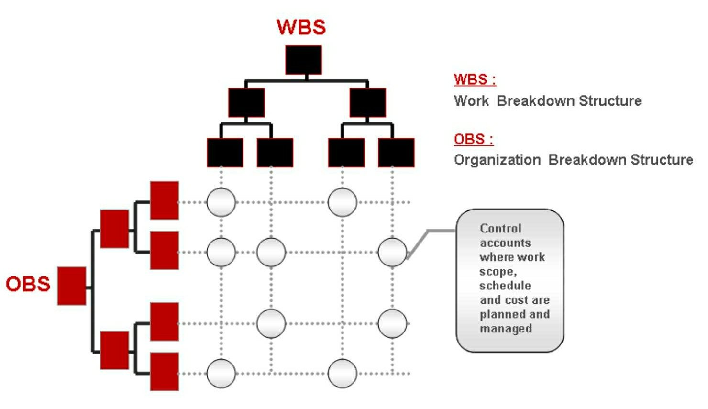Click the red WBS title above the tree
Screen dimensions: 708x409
[x=301, y=27]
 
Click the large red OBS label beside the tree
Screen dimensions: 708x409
[x=28, y=284]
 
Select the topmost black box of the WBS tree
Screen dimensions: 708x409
[x=303, y=60]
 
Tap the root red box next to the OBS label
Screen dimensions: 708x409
[x=72, y=286]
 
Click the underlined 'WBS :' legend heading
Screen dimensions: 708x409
[x=475, y=79]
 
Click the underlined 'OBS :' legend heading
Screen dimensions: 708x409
[x=474, y=139]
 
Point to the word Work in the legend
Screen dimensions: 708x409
[x=471, y=101]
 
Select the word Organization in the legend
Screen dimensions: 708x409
[x=497, y=160]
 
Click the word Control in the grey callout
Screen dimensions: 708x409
[x=500, y=228]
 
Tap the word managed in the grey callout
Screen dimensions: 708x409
[x=506, y=329]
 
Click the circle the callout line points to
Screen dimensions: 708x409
[x=392, y=252]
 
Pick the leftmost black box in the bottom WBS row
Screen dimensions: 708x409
[x=225, y=152]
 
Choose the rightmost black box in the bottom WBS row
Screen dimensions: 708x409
[x=397, y=152]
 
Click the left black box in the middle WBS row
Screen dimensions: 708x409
[x=246, y=103]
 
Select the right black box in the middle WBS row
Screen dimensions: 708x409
[x=368, y=103]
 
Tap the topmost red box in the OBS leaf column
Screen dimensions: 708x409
[x=165, y=200]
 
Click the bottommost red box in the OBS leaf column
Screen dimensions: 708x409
[x=165, y=372]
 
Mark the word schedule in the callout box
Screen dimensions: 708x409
[x=505, y=286]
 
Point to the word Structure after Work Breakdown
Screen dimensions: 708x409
[x=610, y=101]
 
